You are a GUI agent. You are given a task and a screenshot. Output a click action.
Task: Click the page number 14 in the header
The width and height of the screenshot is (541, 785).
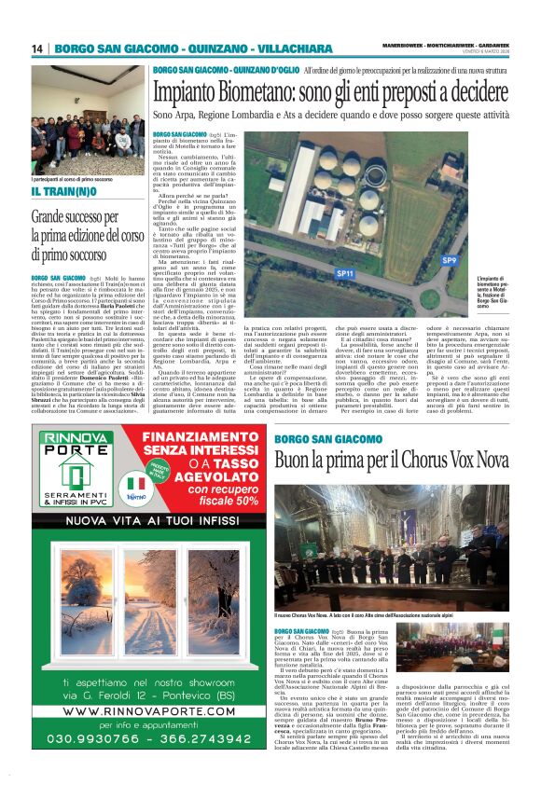[x=37, y=48]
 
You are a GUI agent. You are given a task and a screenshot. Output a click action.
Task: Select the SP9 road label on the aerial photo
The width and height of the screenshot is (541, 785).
[x=450, y=261]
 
